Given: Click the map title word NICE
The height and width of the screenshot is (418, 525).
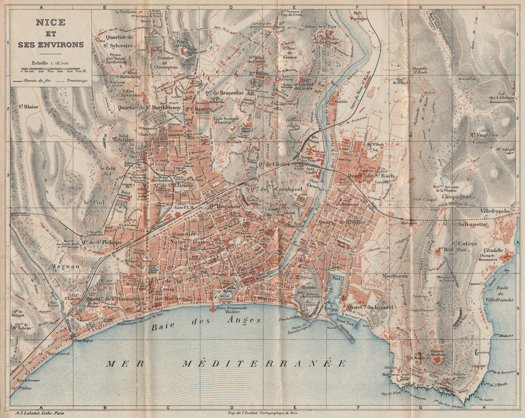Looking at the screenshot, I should click(x=50, y=24).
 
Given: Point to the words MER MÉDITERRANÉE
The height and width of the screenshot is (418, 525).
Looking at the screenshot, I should click(x=220, y=363).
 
